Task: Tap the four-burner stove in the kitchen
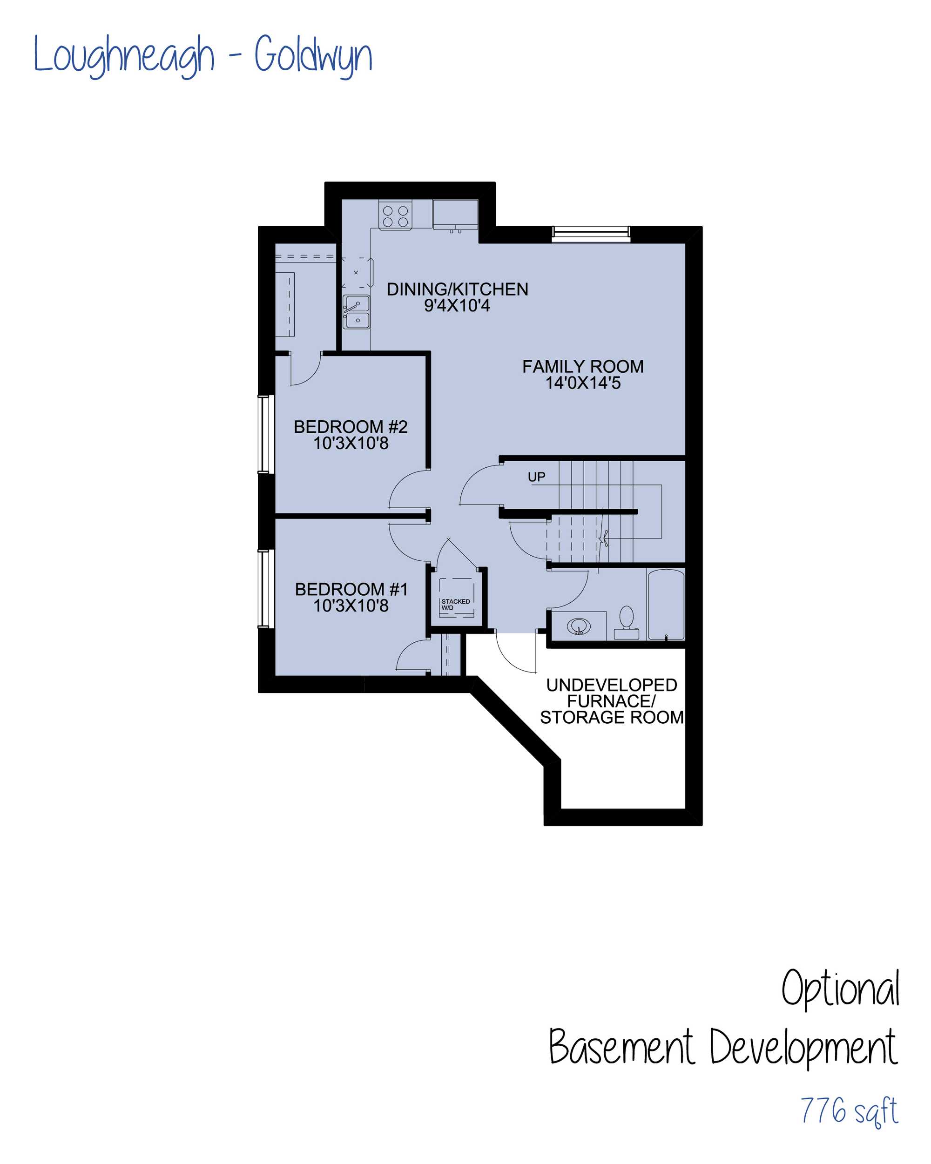[395, 215]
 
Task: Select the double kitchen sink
[357, 311]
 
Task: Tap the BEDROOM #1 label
[351, 589]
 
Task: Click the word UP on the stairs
[536, 477]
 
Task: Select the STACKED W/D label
[455, 604]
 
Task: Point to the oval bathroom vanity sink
[578, 626]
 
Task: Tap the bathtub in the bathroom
[666, 604]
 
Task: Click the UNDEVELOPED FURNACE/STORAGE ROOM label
[612, 701]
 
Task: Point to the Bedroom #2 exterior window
[263, 434]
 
